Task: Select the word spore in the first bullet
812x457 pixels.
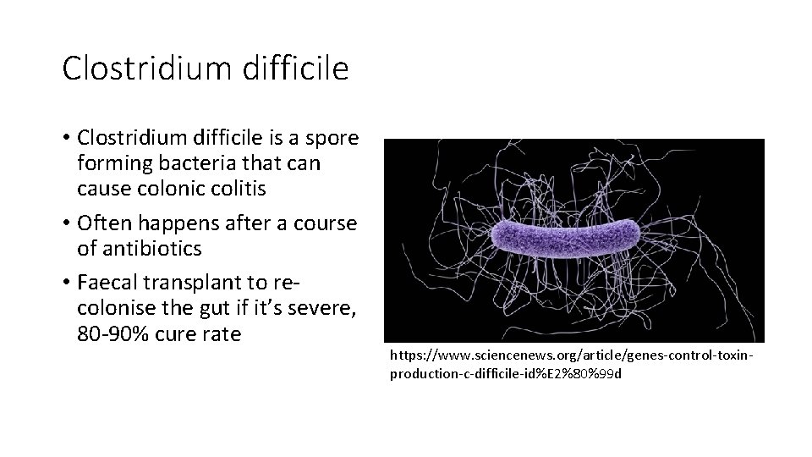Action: [x=332, y=138]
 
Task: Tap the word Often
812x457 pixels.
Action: [x=104, y=224]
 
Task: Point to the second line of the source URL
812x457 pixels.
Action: [x=504, y=373]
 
